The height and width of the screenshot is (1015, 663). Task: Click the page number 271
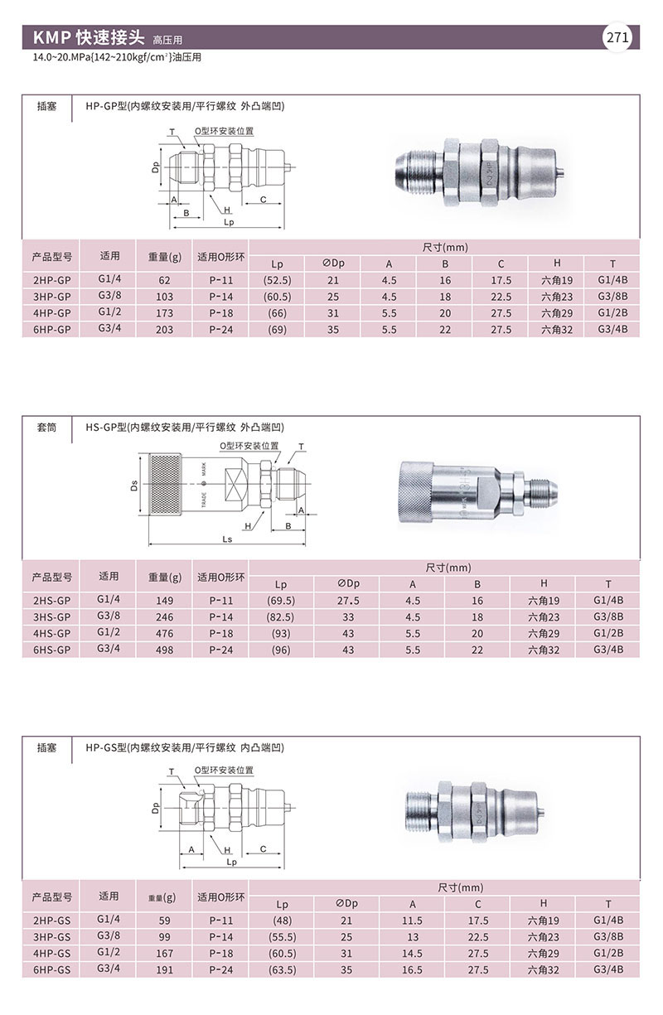pos(617,37)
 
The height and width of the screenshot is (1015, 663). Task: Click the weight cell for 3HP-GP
pos(164,297)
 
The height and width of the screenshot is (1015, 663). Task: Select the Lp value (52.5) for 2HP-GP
pos(278,281)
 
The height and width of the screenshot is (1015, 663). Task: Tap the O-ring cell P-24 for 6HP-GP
pos(220,330)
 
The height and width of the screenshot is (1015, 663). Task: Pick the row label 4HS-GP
pos(51,634)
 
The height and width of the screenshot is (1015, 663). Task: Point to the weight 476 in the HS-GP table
pos(164,634)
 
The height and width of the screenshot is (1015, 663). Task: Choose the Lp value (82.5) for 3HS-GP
pos(280,617)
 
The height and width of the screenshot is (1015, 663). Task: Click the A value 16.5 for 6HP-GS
pos(412,969)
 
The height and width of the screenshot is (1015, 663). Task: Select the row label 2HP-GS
pos(51,921)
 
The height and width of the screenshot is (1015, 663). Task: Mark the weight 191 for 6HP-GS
pos(164,969)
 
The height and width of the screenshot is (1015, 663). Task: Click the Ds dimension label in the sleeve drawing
pos(134,486)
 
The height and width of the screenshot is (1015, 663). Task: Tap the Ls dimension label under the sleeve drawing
pos(227,539)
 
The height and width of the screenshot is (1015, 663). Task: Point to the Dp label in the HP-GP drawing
pos(156,167)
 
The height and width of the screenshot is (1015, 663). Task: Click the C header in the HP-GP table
pos(501,263)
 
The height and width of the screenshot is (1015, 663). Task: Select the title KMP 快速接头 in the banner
pos(89,37)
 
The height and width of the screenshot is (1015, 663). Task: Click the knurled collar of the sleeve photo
pos(416,491)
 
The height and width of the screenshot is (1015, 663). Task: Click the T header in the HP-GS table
pos(608,904)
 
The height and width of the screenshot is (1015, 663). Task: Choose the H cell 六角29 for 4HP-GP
pos(557,313)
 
